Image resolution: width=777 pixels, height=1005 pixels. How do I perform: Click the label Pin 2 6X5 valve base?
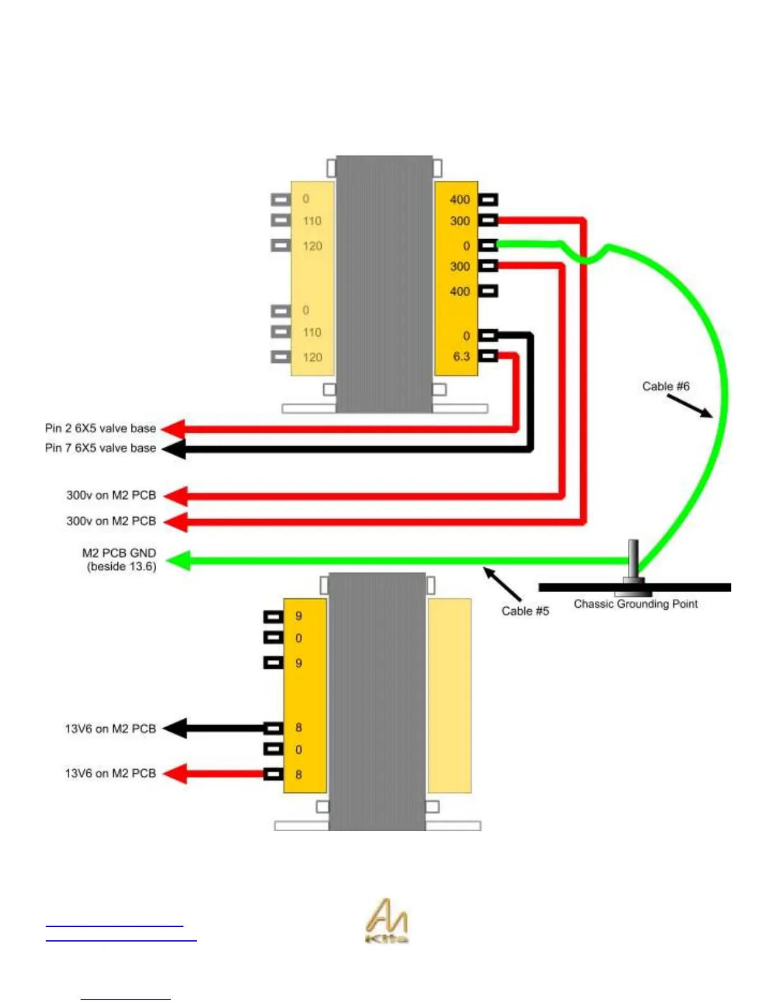[100, 428]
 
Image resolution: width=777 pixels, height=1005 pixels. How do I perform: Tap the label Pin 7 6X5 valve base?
[100, 448]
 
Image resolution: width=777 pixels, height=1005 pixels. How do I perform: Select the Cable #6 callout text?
[665, 386]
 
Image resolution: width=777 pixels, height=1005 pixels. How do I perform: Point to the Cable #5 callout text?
[525, 611]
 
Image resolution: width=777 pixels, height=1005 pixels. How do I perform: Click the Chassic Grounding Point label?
[635, 604]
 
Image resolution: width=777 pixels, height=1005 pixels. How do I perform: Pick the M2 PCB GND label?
[119, 560]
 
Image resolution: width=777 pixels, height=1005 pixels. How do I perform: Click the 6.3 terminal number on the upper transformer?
[462, 357]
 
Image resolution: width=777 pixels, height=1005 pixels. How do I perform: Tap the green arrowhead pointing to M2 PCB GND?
[178, 561]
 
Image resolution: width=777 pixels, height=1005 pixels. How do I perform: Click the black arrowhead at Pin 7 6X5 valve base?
[174, 449]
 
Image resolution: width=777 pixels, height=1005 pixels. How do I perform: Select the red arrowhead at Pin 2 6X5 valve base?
[174, 429]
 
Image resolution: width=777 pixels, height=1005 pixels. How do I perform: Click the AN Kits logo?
[387, 921]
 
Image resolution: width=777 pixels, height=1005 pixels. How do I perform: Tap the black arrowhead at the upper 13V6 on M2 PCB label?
[176, 728]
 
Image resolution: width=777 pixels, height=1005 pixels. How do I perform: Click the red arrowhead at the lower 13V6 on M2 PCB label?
[176, 773]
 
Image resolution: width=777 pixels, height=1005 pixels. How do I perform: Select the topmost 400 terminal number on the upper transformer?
[460, 200]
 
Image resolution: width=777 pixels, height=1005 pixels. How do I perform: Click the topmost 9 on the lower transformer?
[298, 616]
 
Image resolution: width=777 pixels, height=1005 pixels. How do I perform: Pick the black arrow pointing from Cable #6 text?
[689, 407]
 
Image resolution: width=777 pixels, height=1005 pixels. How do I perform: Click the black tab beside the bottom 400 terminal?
[488, 291]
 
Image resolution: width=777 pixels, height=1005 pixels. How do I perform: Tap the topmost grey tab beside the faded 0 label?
[281, 199]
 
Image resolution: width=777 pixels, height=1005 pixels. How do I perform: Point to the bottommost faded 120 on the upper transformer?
[312, 357]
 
